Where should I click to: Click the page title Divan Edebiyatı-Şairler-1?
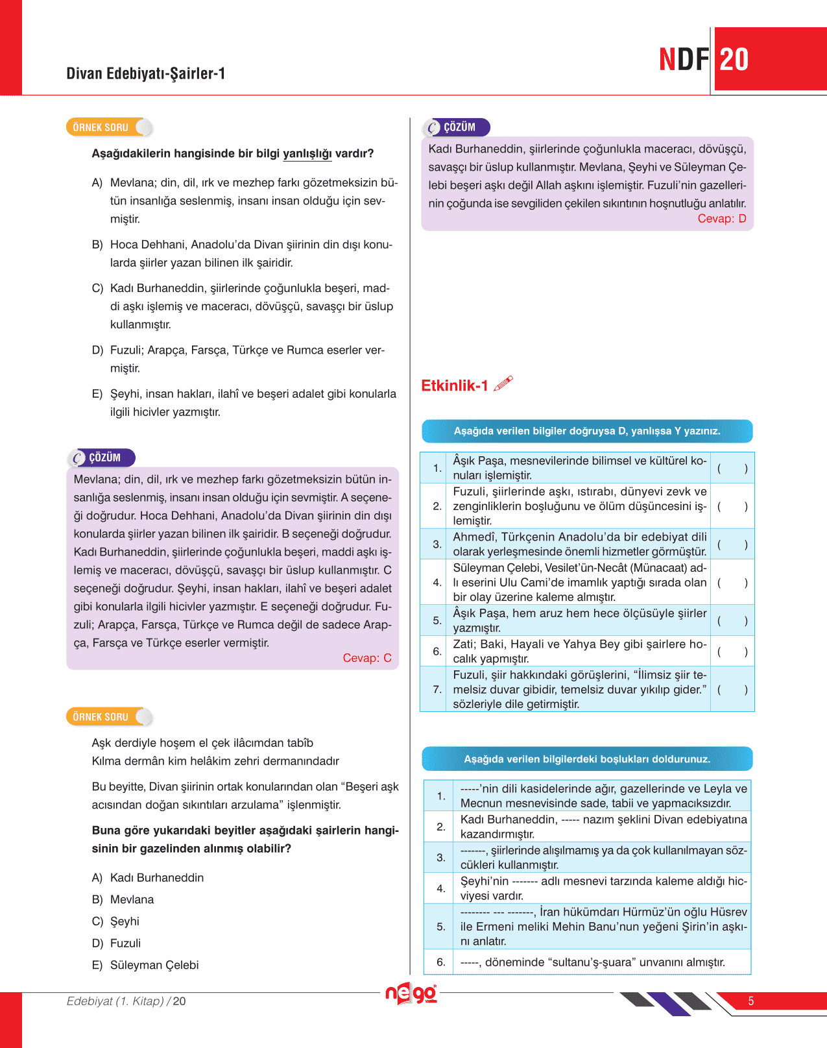(x=145, y=73)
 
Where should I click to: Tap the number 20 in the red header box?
(x=734, y=60)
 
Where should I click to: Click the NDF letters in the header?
(x=684, y=60)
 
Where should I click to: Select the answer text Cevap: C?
(x=366, y=658)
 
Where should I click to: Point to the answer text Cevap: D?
(x=721, y=219)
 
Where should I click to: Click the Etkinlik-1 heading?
(x=455, y=386)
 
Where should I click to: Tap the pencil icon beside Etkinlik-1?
(x=503, y=384)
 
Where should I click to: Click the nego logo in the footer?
(x=411, y=993)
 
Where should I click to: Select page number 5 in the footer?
(x=750, y=1001)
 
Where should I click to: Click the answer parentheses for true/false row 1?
(x=732, y=469)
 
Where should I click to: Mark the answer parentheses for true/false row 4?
(x=732, y=583)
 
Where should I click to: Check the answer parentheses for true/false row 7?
(x=732, y=690)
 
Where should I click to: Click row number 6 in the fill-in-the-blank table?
(x=441, y=962)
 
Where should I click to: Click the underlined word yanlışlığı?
(x=307, y=154)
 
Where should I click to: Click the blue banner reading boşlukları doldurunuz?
(x=587, y=759)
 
